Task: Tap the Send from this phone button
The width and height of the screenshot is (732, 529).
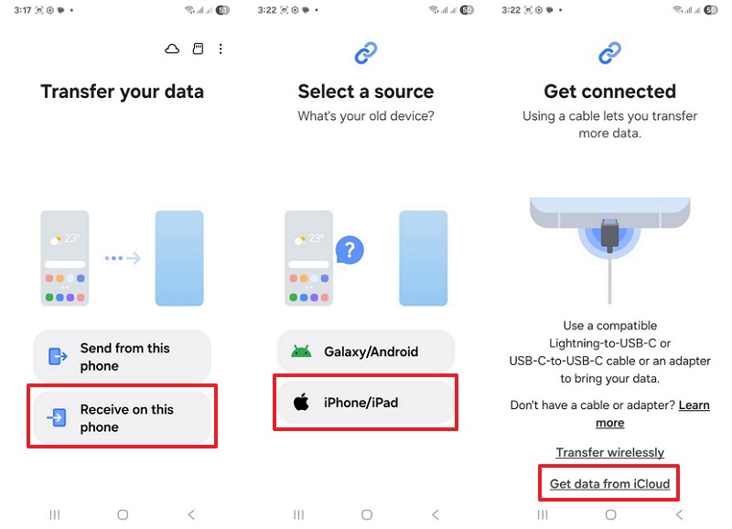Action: coord(123,356)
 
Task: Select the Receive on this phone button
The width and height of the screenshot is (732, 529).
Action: coord(123,418)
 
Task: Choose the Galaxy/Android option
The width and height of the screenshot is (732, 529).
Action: coord(366,351)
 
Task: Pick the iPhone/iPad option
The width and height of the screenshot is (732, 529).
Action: coord(366,402)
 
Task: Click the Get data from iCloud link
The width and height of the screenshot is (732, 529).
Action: coord(609,483)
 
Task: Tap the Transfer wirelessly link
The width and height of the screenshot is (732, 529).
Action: coord(609,452)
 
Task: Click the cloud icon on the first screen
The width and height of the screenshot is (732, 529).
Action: coord(172,49)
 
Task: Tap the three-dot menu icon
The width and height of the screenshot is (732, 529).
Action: coord(221,49)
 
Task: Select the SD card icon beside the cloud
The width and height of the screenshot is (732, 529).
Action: coord(198,49)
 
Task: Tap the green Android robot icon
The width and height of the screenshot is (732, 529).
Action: coord(301,351)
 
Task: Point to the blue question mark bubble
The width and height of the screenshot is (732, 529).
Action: coord(350,249)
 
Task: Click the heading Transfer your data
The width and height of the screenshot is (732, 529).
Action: coord(123,92)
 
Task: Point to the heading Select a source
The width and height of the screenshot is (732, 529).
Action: coord(366,92)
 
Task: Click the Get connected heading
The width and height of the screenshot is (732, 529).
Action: coord(609,92)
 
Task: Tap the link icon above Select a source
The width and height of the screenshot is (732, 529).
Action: coord(366,55)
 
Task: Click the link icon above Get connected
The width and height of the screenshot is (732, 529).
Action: coord(609,55)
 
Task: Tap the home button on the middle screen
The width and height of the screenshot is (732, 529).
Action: coord(366,515)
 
